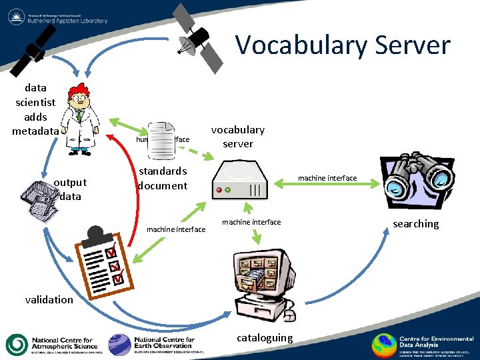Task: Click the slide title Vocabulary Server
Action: tap(343, 45)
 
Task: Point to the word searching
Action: tap(415, 223)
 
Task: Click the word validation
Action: tap(49, 299)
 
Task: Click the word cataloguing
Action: tap(265, 337)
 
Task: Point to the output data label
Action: tap(70, 189)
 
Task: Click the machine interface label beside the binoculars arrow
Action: tap(327, 178)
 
